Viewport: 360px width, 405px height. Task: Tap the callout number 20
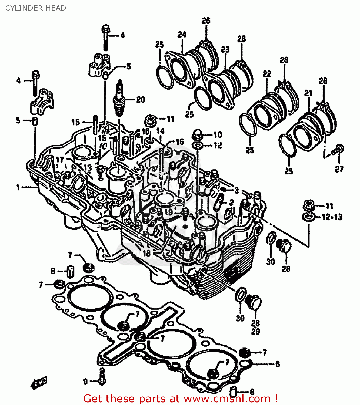[140, 100]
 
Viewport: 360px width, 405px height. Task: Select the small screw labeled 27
[339, 149]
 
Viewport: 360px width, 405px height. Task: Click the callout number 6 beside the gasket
[278, 364]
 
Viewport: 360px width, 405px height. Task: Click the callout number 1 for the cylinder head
[18, 187]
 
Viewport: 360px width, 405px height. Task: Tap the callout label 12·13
[332, 217]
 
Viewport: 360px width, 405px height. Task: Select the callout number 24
[182, 35]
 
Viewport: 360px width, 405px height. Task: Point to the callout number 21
[308, 93]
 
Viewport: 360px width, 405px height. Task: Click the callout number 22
[267, 74]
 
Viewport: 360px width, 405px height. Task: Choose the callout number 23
[225, 49]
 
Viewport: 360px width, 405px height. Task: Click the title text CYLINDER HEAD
[36, 8]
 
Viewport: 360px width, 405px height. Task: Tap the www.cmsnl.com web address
[227, 399]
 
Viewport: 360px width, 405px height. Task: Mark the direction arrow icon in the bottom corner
[39, 382]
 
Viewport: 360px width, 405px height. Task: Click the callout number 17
[60, 160]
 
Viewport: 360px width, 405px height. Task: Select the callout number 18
[146, 253]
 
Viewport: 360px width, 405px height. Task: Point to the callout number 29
[255, 331]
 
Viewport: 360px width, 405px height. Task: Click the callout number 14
[161, 131]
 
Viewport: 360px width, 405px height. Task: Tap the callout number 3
[236, 190]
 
